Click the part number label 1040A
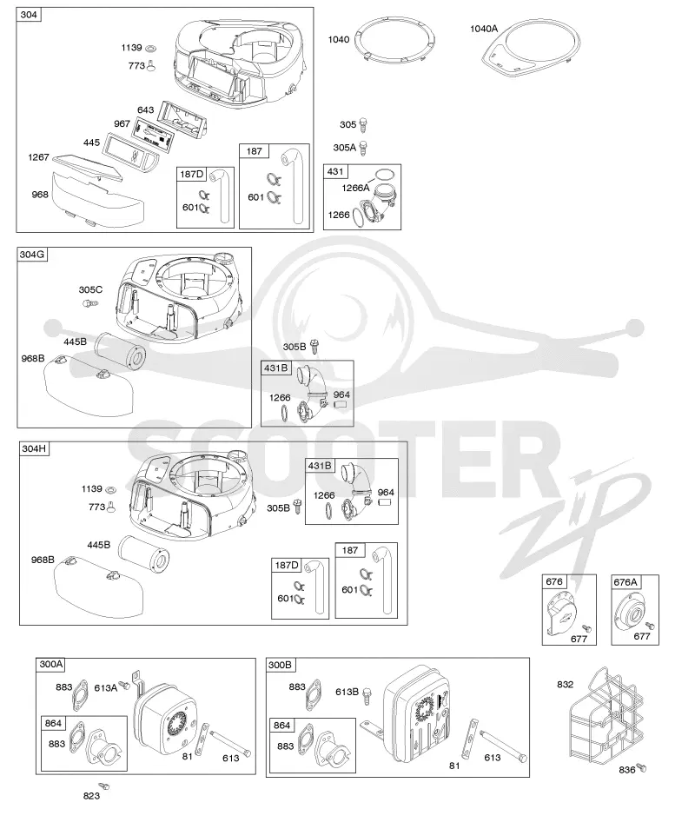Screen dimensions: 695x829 click(x=484, y=29)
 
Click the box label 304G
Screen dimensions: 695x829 click(x=32, y=255)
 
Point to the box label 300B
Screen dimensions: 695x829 click(x=281, y=665)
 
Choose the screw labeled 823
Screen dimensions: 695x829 click(x=103, y=786)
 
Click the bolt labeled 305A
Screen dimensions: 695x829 click(x=363, y=148)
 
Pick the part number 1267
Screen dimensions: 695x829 click(x=38, y=157)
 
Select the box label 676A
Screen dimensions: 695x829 click(x=625, y=582)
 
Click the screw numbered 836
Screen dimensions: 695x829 click(x=641, y=767)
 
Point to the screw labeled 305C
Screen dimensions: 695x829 click(x=89, y=303)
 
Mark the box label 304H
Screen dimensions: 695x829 click(x=34, y=449)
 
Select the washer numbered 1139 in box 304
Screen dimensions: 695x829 click(x=150, y=49)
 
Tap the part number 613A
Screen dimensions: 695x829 click(x=105, y=688)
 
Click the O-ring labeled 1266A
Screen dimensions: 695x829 click(x=385, y=175)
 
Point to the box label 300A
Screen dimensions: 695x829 click(x=51, y=665)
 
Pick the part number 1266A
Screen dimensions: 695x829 click(x=355, y=188)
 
